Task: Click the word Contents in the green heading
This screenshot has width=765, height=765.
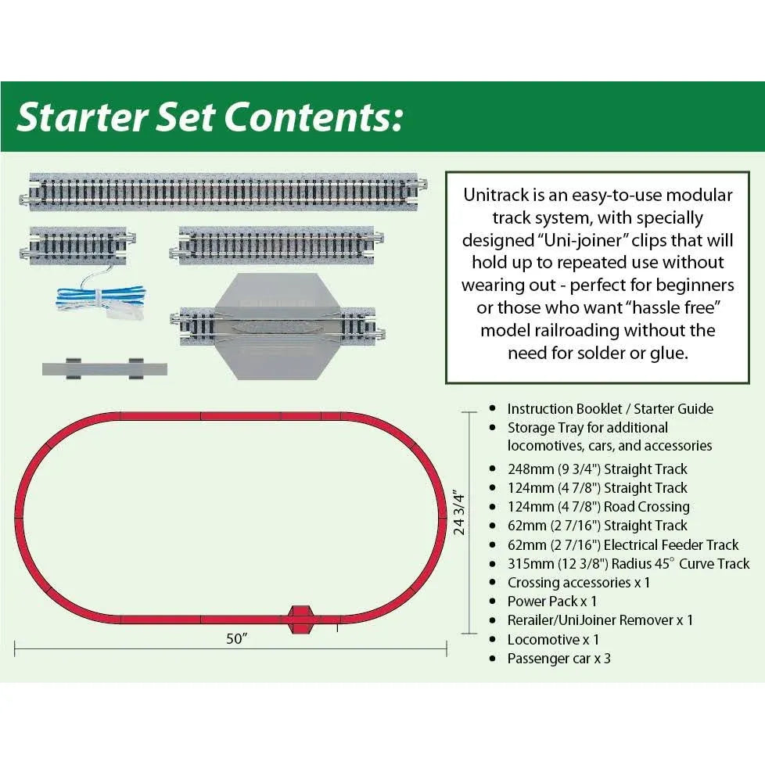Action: [x=312, y=117]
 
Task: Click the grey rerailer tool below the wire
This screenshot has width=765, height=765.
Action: [x=105, y=368]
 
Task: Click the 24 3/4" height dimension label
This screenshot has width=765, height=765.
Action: [x=459, y=513]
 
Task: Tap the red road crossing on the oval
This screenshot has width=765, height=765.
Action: [x=300, y=618]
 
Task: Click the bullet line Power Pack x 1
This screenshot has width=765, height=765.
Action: [x=552, y=602]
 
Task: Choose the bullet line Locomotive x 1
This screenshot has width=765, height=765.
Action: [x=553, y=639]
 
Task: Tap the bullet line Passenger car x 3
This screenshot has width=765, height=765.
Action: [x=558, y=659]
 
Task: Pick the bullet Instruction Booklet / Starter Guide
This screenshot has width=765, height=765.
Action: [x=610, y=408]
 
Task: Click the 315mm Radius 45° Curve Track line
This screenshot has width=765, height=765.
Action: [x=628, y=564]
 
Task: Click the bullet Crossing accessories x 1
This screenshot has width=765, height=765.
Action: [x=579, y=583]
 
